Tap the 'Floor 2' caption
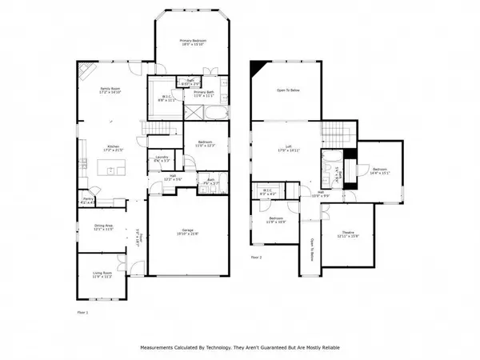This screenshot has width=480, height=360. point(256,258)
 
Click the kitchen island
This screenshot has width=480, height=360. point(112,169)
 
